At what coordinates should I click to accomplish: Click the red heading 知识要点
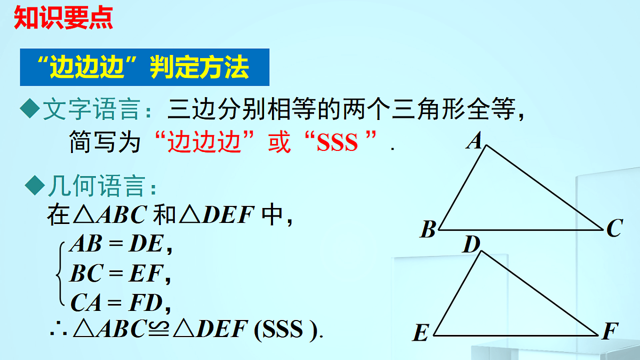point(63,17)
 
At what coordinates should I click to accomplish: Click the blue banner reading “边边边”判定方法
point(144,67)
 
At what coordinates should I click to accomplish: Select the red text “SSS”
point(337,143)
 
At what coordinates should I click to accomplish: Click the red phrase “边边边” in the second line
point(202,143)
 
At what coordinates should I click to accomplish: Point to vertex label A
point(474,142)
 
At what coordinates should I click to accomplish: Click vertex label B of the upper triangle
point(428,230)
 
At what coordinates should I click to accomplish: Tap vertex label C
point(614,229)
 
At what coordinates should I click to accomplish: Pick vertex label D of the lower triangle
point(471,245)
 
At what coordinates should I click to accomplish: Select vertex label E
point(421,334)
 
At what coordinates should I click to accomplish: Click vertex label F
point(609,332)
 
